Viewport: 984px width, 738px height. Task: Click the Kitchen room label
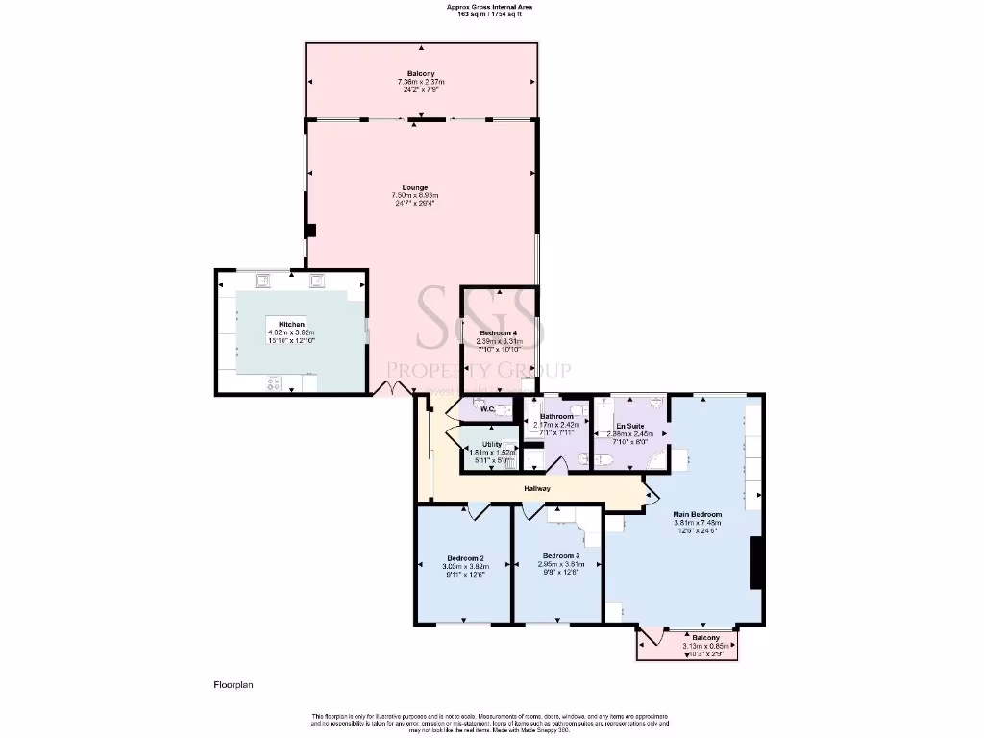(x=291, y=325)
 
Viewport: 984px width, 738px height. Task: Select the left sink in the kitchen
(x=262, y=281)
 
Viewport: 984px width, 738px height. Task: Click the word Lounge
(x=415, y=187)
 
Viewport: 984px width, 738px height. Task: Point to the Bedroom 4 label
(x=499, y=332)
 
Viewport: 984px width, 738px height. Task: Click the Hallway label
(x=537, y=489)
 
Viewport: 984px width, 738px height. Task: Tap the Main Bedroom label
(x=698, y=515)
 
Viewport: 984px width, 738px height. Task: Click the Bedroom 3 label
(x=560, y=556)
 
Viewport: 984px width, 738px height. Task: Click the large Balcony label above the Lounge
(x=421, y=74)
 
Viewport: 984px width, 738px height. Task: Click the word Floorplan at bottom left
(x=233, y=685)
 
